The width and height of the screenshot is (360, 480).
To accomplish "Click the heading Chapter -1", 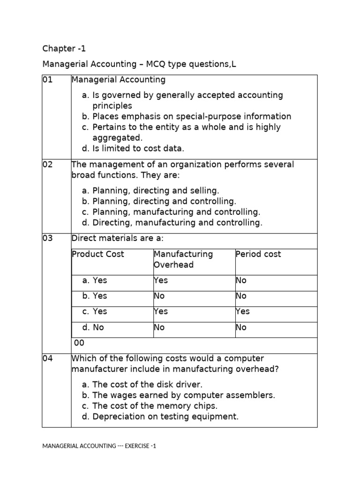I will (64, 48).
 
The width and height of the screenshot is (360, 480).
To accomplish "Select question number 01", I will (47, 80).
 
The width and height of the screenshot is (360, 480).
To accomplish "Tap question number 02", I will (47, 165).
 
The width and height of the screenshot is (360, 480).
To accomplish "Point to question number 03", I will (47, 238).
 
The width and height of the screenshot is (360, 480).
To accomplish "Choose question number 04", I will (47, 359).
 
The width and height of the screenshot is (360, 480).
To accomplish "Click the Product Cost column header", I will (98, 254).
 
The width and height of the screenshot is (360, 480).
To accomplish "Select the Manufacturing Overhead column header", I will (183, 259).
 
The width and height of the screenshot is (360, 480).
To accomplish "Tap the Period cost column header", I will (258, 254).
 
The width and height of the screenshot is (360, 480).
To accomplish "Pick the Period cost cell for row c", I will (243, 312).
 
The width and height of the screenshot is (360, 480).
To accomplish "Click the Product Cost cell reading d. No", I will (92, 327).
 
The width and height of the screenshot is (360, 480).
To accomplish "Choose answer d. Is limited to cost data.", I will (133, 149).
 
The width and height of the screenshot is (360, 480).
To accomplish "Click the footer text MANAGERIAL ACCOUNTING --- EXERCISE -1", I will (99, 446).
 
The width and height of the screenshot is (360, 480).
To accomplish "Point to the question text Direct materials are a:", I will (117, 238).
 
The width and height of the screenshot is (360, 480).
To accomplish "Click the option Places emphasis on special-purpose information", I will (186, 116).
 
